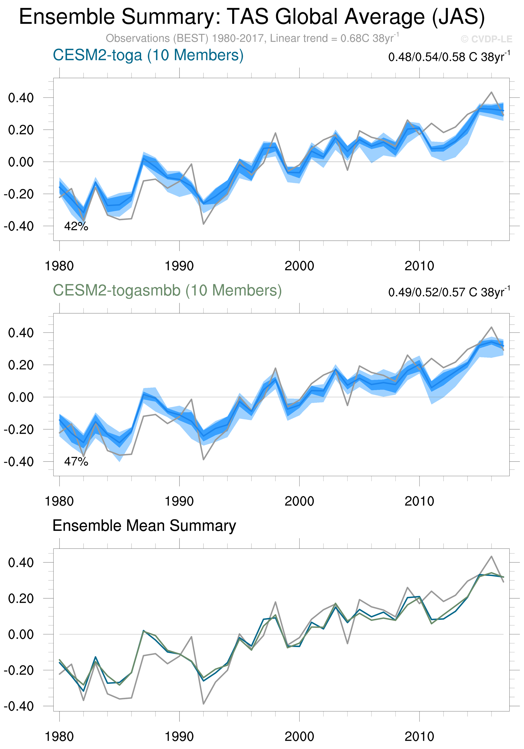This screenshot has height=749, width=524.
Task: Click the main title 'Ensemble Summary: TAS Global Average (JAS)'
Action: click(x=251, y=17)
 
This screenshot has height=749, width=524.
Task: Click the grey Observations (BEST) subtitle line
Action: click(x=251, y=39)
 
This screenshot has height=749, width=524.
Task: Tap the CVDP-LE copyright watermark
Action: click(x=486, y=39)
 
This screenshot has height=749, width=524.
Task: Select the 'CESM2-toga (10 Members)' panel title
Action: click(x=148, y=55)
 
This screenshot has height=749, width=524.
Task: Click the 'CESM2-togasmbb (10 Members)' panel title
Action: click(x=167, y=290)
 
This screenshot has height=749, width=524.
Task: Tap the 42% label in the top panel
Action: click(x=76, y=226)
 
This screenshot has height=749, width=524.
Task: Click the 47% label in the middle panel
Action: click(x=76, y=462)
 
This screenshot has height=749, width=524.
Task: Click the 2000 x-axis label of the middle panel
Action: click(x=299, y=501)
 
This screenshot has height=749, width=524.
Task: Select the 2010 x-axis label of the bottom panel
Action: click(x=419, y=737)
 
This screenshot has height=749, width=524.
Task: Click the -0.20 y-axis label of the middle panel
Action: click(x=19, y=430)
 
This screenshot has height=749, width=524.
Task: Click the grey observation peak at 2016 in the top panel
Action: click(x=491, y=92)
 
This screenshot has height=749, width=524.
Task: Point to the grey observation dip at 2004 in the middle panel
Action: click(x=347, y=405)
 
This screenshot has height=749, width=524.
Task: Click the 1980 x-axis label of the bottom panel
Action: click(x=59, y=737)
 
